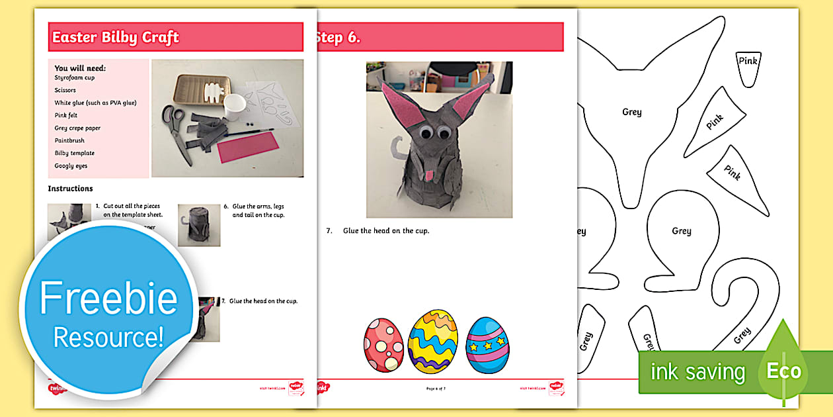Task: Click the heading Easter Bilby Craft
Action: pyautogui.click(x=115, y=37)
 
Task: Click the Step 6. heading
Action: pyautogui.click(x=338, y=37)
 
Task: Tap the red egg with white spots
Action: pyautogui.click(x=383, y=345)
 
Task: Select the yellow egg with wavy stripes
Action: pyautogui.click(x=432, y=342)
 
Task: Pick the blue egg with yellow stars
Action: pyautogui.click(x=487, y=345)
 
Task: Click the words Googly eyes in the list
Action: pyautogui.click(x=71, y=165)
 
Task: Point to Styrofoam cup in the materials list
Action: pyautogui.click(x=74, y=77)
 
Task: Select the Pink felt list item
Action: pyautogui.click(x=66, y=115)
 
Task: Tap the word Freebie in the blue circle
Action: pyautogui.click(x=108, y=299)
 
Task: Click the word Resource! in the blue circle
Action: pyautogui.click(x=108, y=337)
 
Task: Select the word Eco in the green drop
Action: pyautogui.click(x=783, y=371)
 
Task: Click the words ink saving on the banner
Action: pyautogui.click(x=697, y=372)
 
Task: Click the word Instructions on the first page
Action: pyautogui.click(x=70, y=189)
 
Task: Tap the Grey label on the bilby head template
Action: pyautogui.click(x=631, y=112)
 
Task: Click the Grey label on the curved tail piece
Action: pyautogui.click(x=742, y=336)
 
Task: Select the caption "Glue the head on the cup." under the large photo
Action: pyautogui.click(x=386, y=230)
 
